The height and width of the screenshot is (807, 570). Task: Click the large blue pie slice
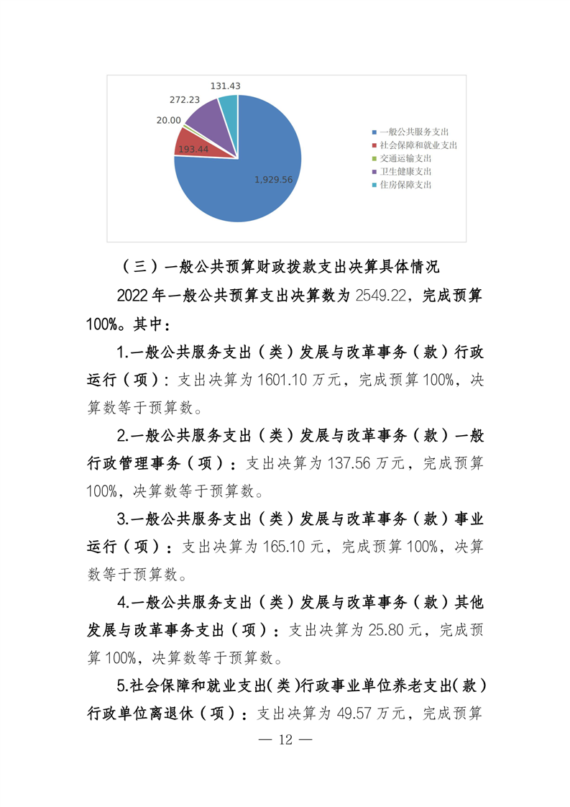[244, 180]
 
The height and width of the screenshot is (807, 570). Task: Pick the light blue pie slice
[229, 108]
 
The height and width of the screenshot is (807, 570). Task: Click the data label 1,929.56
[274, 179]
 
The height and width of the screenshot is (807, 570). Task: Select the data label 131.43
[225, 86]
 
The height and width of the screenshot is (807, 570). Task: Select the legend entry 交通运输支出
[405, 158]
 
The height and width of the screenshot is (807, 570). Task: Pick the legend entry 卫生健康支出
[405, 171]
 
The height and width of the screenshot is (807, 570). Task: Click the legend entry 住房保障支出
[405, 184]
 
